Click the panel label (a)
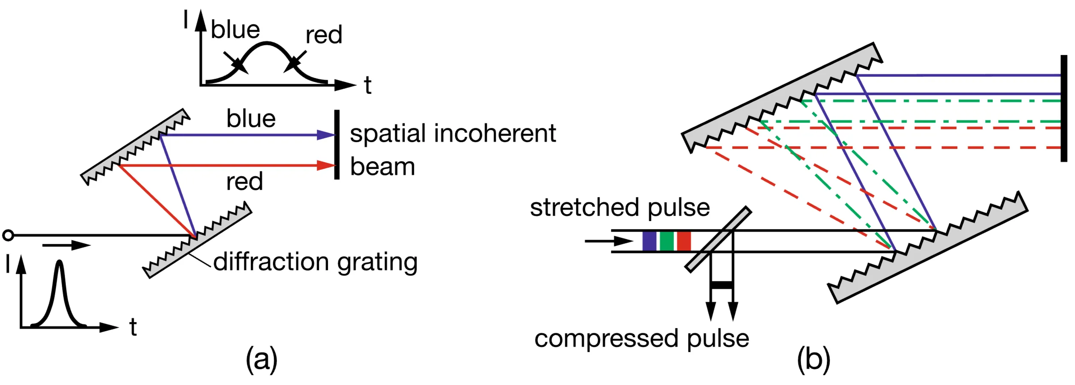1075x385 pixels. (261, 359)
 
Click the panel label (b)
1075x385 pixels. (813, 359)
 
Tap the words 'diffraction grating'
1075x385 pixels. (315, 262)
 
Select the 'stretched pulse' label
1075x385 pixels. (620, 207)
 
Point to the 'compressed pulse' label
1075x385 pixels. (641, 338)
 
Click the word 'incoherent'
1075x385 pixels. (495, 134)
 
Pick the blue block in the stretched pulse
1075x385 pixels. (649, 241)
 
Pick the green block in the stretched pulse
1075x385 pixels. (666, 241)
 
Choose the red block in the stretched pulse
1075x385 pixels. (684, 241)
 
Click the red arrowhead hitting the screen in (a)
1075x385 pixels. (326, 165)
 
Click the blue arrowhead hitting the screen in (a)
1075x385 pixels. (326, 135)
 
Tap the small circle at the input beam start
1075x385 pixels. (8, 235)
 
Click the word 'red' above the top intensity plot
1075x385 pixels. (324, 35)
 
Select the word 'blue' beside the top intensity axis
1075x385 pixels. (235, 30)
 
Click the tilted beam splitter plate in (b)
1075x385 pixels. (718, 239)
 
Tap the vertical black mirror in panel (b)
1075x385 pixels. (1064, 108)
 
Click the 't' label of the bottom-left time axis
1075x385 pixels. (133, 328)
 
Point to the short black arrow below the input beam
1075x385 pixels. (66, 245)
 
